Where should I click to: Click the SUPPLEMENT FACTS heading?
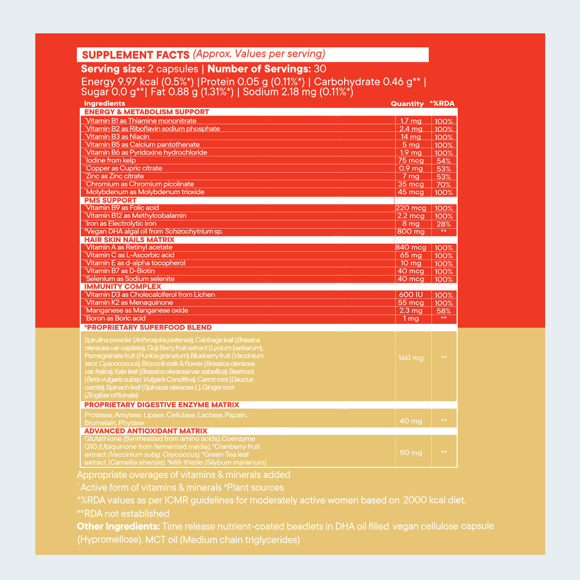click(x=135, y=55)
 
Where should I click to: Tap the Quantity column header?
click(x=407, y=103)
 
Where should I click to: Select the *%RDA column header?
click(x=442, y=103)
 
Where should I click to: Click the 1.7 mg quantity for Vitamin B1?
click(x=411, y=121)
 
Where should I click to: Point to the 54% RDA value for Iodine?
click(x=443, y=160)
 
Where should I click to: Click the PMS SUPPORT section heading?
click(x=110, y=200)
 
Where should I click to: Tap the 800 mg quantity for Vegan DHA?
click(x=411, y=232)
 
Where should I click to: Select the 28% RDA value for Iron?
click(x=443, y=224)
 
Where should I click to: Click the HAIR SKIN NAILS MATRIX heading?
click(x=129, y=240)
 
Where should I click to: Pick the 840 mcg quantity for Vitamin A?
click(x=411, y=247)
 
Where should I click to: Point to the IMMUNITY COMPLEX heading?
click(x=122, y=287)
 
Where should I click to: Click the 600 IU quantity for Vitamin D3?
click(x=411, y=295)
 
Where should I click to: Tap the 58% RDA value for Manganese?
click(x=443, y=311)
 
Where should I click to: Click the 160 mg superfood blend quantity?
click(x=411, y=358)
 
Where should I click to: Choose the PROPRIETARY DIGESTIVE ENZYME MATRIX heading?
click(x=161, y=405)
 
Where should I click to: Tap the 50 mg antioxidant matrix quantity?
click(x=411, y=453)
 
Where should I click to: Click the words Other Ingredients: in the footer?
click(x=118, y=526)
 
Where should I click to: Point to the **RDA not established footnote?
click(x=123, y=513)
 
